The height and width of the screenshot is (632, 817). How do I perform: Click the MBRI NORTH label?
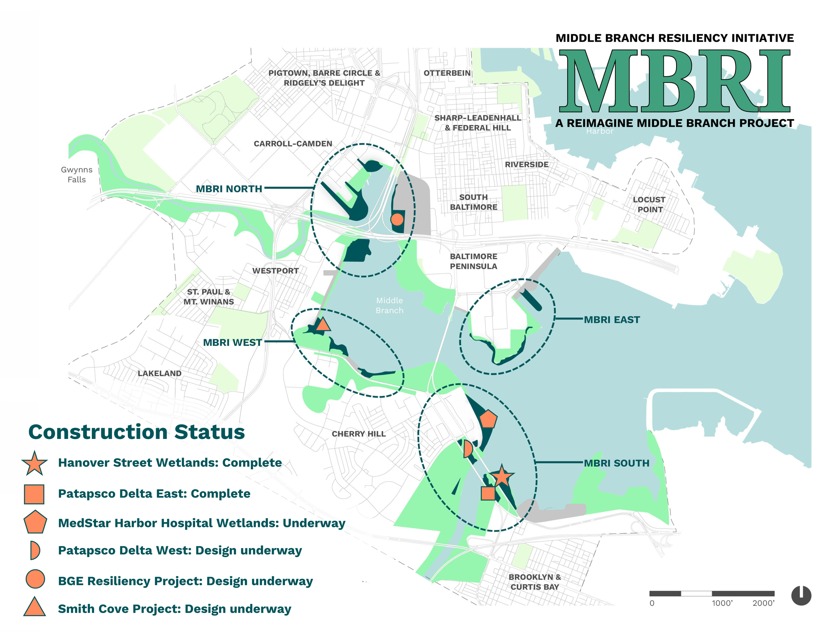click(229, 189)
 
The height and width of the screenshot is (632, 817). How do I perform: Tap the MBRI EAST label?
click(612, 320)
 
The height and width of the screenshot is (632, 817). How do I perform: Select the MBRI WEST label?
click(232, 342)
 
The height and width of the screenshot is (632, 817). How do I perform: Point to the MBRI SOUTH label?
click(616, 463)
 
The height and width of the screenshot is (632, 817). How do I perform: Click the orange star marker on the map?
click(501, 476)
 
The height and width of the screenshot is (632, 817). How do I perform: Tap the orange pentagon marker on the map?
click(488, 419)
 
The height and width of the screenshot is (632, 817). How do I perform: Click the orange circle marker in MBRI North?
click(397, 219)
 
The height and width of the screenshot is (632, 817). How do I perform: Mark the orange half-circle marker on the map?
click(468, 449)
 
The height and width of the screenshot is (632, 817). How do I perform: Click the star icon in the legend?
click(34, 464)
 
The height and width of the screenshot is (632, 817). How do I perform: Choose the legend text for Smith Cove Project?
click(174, 609)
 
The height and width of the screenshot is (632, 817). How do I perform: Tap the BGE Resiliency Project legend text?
click(185, 581)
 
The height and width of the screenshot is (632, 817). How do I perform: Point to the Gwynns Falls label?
click(77, 174)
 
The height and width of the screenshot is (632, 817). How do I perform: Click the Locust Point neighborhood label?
click(649, 204)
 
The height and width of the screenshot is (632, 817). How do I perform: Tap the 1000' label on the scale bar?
click(722, 603)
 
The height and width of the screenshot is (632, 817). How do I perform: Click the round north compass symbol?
click(801, 595)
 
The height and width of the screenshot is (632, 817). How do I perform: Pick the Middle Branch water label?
click(390, 305)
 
